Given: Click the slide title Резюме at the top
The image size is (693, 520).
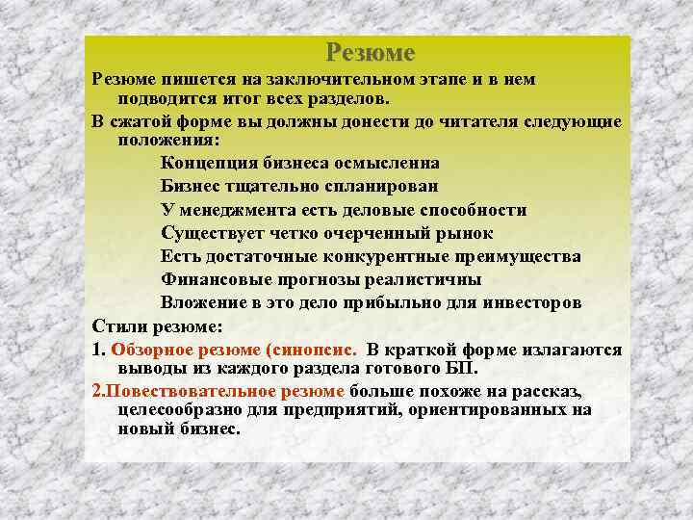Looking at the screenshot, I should pos(370,52).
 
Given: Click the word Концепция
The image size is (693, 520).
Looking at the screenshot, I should pos(208,162).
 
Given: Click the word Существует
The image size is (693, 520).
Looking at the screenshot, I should pos(215,233).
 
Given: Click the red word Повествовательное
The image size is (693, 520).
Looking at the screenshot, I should pos(207,391).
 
